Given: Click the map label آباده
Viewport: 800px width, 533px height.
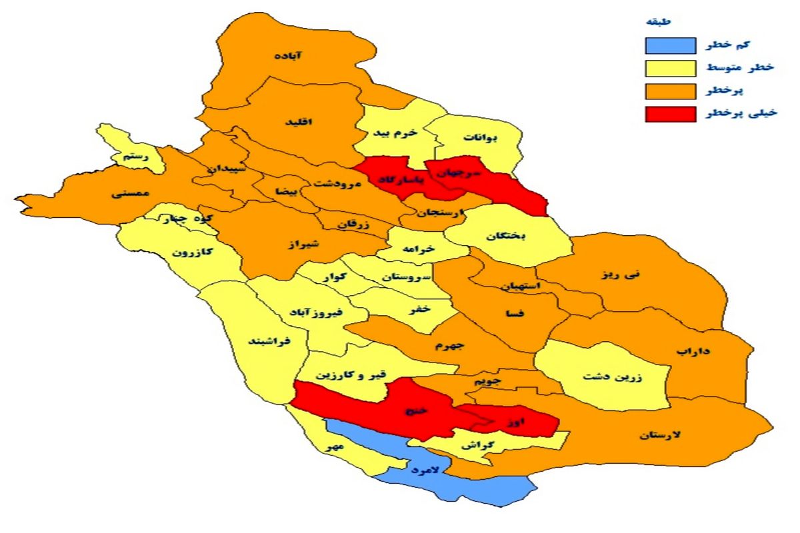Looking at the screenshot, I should [288, 56].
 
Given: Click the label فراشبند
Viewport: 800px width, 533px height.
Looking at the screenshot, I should [267, 340].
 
